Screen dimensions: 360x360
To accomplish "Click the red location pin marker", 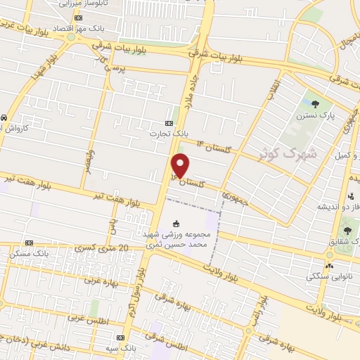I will [x=181, y=166].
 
